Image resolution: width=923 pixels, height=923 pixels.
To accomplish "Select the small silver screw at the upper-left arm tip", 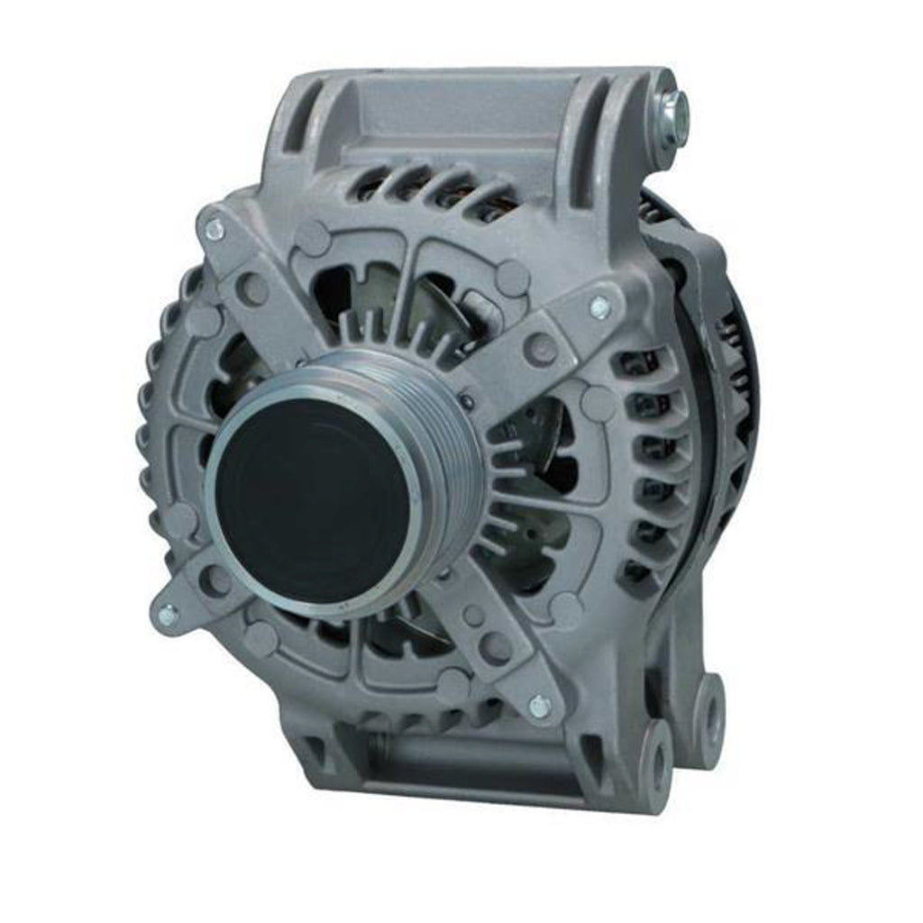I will [215, 231].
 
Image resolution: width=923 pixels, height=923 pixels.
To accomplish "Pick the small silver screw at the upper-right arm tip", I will [601, 307].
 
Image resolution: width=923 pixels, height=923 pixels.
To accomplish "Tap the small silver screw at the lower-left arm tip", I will [167, 616].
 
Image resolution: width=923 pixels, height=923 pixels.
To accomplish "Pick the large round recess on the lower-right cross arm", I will [496, 647].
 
